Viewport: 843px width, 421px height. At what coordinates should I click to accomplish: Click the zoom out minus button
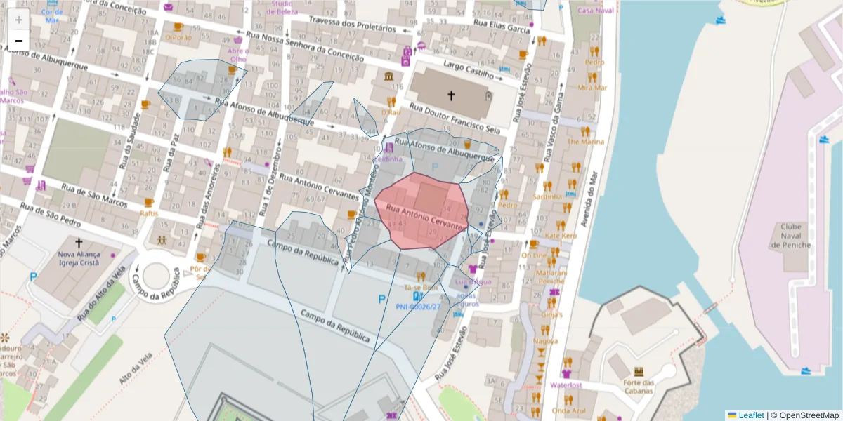point(18,41)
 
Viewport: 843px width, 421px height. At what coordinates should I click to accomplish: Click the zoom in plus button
point(18,19)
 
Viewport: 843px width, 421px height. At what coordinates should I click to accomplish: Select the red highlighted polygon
point(421,210)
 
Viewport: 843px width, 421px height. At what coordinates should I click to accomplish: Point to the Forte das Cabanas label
point(638,387)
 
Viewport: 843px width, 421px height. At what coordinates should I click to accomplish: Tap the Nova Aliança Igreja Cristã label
point(79,259)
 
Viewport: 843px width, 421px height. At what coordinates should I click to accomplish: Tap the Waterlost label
point(567,385)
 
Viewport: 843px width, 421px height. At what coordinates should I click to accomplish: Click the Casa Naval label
point(595,11)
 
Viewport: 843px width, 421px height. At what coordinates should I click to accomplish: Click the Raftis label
point(148,213)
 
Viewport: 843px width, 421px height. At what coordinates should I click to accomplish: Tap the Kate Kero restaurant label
point(561,236)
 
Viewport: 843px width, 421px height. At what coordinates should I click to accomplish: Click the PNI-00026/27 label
point(418,307)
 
